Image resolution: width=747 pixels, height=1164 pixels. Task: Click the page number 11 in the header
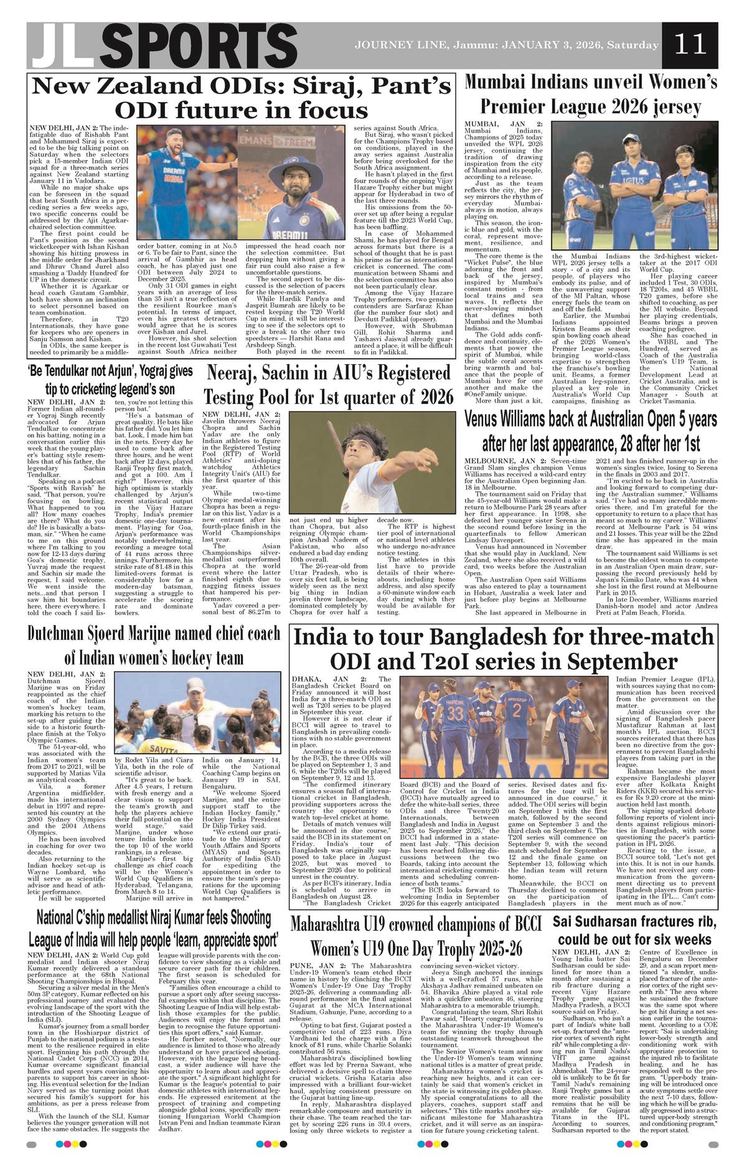(692, 45)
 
